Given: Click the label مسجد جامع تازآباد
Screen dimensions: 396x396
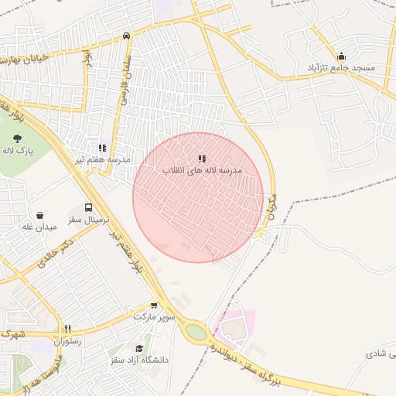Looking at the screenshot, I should point(342,68).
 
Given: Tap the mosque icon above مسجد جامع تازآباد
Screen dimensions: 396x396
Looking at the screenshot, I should point(341,56).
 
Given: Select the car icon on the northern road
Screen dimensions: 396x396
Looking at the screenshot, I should point(126,36).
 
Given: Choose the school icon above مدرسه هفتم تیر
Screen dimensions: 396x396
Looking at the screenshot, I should point(102,147).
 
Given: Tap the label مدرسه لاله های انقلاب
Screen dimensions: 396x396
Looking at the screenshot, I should point(203,169).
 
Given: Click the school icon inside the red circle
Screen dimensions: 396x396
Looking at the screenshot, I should point(202,159).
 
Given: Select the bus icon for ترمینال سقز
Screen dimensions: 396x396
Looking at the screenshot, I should point(88,208).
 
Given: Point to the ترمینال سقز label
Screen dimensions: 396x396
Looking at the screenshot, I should point(85,220).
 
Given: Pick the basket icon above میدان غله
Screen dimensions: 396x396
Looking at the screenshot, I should point(39,215).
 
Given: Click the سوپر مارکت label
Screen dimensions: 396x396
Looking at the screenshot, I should point(155,317).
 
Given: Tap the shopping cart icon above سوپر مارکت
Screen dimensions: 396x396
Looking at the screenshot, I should point(154,306).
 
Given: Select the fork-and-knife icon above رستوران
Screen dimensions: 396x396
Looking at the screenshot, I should point(67,329).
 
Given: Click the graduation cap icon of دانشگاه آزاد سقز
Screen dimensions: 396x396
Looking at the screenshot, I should point(139,349).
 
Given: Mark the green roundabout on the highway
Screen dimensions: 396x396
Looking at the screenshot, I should point(196,333).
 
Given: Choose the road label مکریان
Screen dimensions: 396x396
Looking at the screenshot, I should point(270,203).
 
